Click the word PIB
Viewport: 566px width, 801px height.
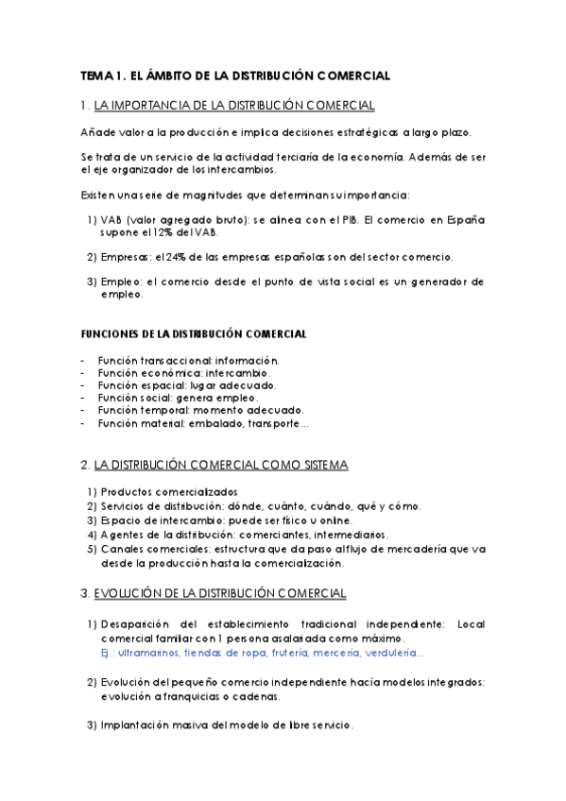coord(345,219)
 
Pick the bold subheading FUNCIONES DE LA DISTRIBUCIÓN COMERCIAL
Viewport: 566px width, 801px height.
coord(194,334)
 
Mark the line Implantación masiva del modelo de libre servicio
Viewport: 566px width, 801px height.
coord(227,725)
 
